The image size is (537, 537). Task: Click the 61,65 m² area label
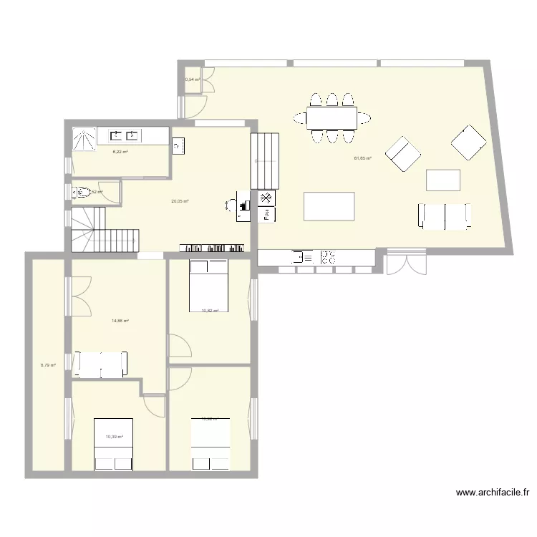coord(364,158)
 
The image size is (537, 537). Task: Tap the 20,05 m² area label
coord(180,201)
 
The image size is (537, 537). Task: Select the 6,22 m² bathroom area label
coord(120,152)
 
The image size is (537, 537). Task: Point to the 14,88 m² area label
coord(120,321)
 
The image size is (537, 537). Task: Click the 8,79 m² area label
coord(48,365)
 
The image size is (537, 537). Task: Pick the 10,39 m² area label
coord(115,437)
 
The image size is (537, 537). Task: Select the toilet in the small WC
coord(80,192)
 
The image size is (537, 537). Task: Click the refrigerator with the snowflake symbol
coord(266,198)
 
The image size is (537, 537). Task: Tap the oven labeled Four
coord(266,213)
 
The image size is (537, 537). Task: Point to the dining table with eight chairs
coord(332,117)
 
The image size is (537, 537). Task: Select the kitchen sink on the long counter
coord(303,256)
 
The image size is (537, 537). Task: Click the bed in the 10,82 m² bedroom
coord(208,286)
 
